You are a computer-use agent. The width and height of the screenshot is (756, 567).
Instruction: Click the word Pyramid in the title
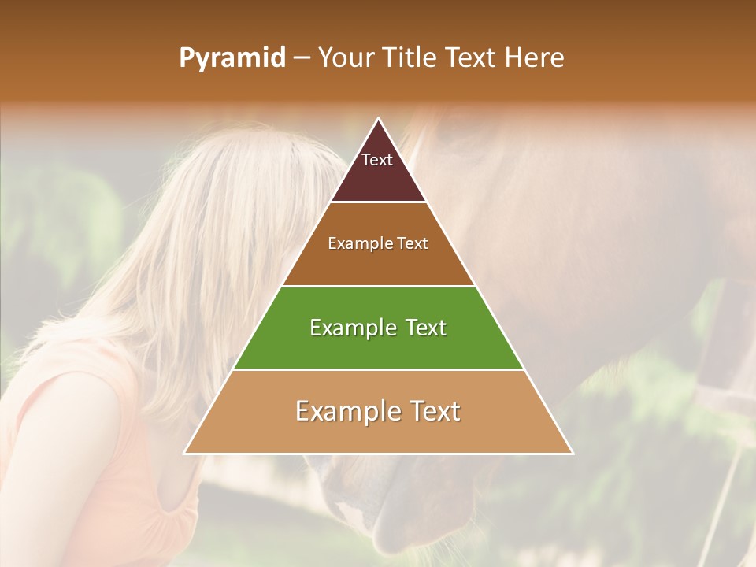point(232,58)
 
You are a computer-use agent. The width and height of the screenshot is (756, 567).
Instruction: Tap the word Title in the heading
point(409,57)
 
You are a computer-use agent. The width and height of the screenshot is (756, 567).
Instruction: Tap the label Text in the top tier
point(377,160)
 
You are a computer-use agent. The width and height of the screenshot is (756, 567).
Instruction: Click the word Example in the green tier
point(351,328)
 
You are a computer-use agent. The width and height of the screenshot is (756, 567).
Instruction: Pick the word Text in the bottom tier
point(430,411)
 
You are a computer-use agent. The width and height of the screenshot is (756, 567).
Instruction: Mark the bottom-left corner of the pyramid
point(184,453)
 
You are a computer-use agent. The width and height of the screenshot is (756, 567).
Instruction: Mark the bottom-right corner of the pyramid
point(573,453)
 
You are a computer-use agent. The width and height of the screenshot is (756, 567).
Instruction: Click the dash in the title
point(302,58)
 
